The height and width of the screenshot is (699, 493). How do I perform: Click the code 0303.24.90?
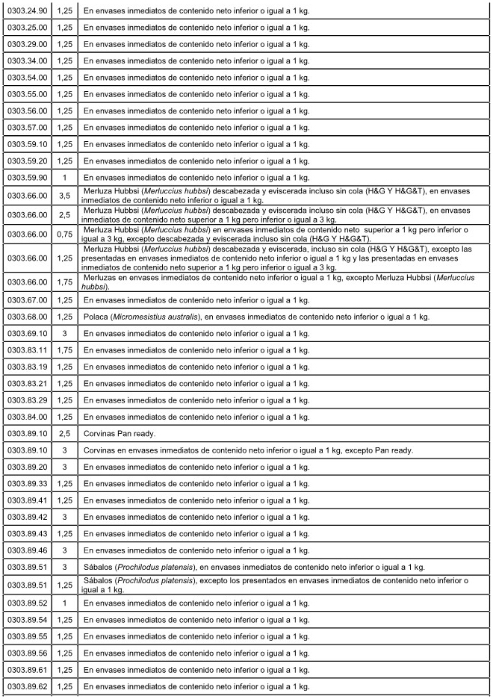coord(28,10)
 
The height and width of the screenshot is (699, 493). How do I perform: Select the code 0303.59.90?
coord(28,178)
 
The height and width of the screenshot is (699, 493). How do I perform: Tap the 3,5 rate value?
coord(65,195)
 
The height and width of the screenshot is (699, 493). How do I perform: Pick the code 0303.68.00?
coord(28,317)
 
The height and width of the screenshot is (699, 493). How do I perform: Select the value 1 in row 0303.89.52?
coord(65,603)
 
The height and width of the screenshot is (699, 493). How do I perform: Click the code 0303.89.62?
coord(28,686)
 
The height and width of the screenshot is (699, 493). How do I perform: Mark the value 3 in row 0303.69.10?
coord(65,333)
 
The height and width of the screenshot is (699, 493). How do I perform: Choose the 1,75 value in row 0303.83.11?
coord(65,350)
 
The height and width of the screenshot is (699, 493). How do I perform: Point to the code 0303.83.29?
coord(28,400)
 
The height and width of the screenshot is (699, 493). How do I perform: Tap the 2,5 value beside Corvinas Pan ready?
coord(65,433)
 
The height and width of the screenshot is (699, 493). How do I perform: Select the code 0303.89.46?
coord(28,550)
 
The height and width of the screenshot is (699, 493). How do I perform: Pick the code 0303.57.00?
coord(28,127)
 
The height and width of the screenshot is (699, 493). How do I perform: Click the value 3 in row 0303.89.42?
coord(65,517)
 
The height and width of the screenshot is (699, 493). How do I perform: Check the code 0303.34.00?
coord(28,60)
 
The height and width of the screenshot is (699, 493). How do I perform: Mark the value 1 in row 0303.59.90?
coord(65,178)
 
